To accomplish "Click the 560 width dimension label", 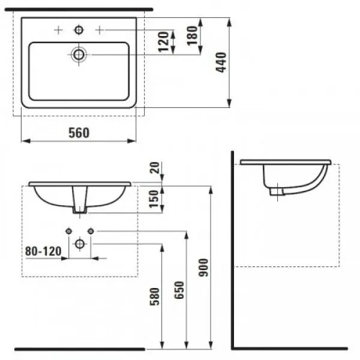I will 78,133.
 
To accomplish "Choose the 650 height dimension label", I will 178,291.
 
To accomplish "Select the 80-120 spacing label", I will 43,252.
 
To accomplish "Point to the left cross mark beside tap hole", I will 58,29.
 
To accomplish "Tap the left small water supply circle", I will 68,231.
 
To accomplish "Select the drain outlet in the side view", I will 277,191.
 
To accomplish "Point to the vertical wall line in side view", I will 233,252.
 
